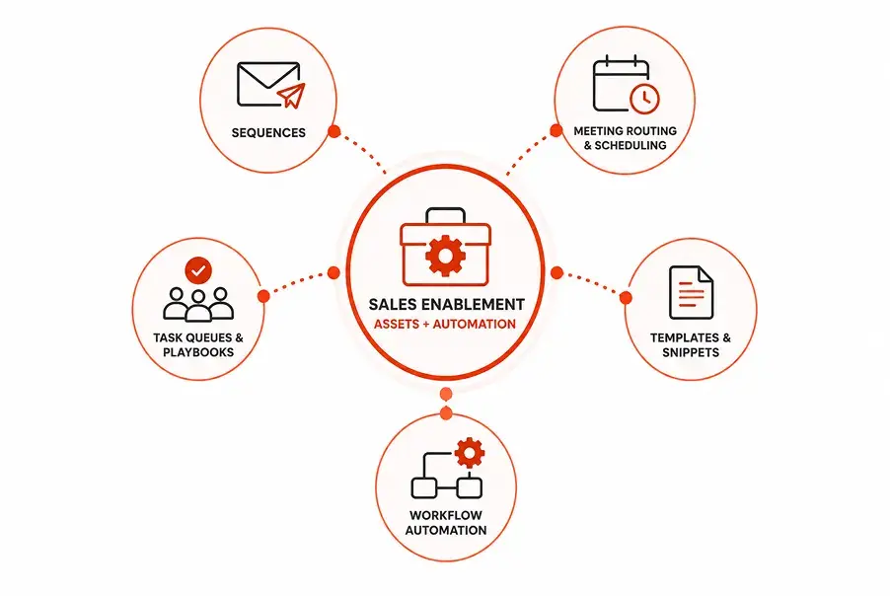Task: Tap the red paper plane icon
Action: pyautogui.click(x=292, y=96)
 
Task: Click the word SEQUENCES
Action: pyautogui.click(x=268, y=133)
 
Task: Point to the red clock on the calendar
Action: pyautogui.click(x=644, y=99)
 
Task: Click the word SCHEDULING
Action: pyautogui.click(x=630, y=145)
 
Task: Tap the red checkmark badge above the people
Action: pyautogui.click(x=198, y=270)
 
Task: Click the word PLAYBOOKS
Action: pyautogui.click(x=198, y=352)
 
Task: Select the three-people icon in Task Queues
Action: pyautogui.click(x=198, y=305)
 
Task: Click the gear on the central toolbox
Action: pyautogui.click(x=446, y=256)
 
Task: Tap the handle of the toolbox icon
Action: pyautogui.click(x=446, y=215)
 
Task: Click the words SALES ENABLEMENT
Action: pyautogui.click(x=447, y=305)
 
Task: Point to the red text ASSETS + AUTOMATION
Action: pyautogui.click(x=445, y=324)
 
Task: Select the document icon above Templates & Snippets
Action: pyautogui.click(x=691, y=292)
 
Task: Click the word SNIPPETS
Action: pyautogui.click(x=691, y=352)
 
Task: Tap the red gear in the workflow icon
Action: pyautogui.click(x=470, y=452)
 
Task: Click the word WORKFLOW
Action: pyautogui.click(x=446, y=515)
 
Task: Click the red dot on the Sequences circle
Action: pyautogui.click(x=334, y=131)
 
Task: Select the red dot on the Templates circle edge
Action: pyautogui.click(x=626, y=297)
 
